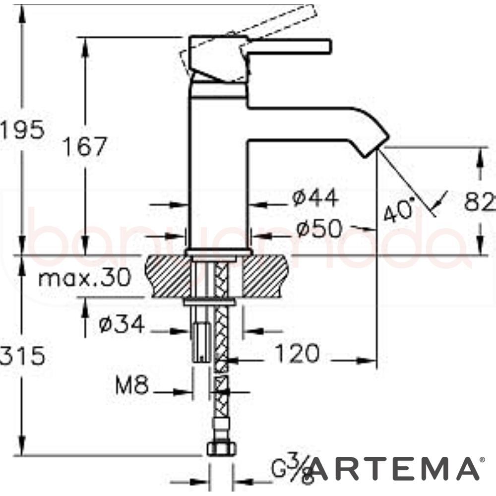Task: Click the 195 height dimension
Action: coord(22,130)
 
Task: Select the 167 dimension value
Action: coord(85,147)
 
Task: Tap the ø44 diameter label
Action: coord(315,198)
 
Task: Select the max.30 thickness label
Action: coord(84,278)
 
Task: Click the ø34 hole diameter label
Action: coord(122,325)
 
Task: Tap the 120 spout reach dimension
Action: coord(297,354)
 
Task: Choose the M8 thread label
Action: coord(132,385)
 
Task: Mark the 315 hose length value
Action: coord(22,356)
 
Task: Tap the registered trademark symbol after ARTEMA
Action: coord(483,461)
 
